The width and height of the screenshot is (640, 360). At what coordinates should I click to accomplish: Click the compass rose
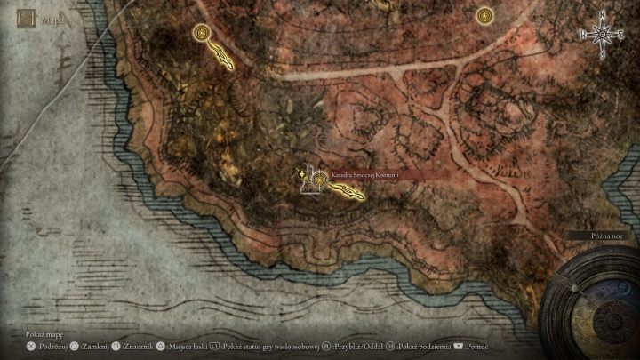tap(603, 34)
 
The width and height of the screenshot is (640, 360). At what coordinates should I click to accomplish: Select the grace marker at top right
tap(484, 15)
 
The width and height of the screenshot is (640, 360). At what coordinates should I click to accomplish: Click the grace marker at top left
tap(202, 34)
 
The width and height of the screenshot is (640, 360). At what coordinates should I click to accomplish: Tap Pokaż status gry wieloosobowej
tap(270, 347)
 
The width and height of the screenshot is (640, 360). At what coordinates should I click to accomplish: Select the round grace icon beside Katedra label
tap(317, 176)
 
